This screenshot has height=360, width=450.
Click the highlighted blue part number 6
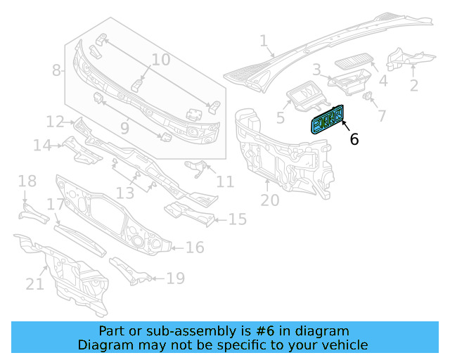point(327,119)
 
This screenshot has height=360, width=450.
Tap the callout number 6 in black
point(354,139)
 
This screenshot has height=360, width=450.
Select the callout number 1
point(264,41)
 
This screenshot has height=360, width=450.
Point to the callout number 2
point(413,86)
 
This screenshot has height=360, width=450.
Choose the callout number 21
point(35,284)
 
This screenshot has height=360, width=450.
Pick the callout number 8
point(56,70)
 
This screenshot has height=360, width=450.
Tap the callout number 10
point(160,60)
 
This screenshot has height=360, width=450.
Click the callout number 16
point(195,247)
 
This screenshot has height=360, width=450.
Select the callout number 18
point(27,182)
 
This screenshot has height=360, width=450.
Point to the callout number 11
point(224,182)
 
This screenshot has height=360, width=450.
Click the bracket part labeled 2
point(404,58)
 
